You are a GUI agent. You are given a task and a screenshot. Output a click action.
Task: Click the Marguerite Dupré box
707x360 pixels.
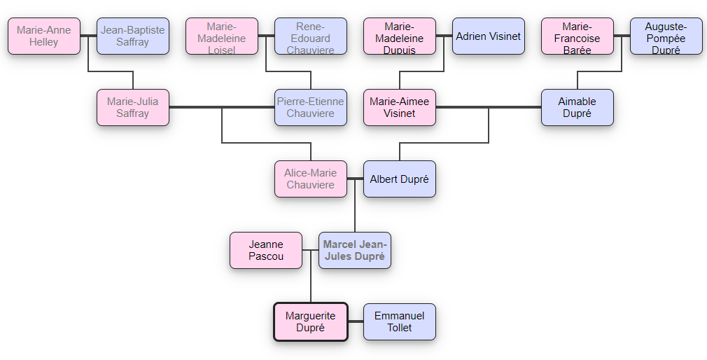click(x=311, y=321)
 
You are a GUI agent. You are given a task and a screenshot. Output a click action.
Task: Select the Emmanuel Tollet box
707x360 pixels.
click(x=400, y=321)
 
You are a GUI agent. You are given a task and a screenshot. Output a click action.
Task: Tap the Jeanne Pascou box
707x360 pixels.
click(x=266, y=250)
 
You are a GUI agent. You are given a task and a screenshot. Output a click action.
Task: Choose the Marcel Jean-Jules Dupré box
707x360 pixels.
click(x=355, y=250)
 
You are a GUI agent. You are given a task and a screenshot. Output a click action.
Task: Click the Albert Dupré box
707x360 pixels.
click(x=400, y=179)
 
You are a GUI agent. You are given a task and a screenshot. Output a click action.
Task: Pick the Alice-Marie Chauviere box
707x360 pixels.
click(x=311, y=179)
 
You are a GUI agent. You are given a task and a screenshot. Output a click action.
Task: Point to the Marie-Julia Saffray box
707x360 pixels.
click(x=133, y=107)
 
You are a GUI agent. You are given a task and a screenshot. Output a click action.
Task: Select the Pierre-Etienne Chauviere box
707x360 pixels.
click(x=311, y=107)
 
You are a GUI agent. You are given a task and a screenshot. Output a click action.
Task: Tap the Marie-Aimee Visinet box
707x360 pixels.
click(x=400, y=107)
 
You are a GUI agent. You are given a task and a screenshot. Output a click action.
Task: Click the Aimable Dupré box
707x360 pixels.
click(x=577, y=107)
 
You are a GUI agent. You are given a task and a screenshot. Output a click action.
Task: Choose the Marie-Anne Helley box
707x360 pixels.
click(x=44, y=36)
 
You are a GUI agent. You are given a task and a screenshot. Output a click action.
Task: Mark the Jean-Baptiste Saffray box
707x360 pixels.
click(x=133, y=36)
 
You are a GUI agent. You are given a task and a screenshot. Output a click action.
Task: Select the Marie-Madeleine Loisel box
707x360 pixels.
click(x=222, y=36)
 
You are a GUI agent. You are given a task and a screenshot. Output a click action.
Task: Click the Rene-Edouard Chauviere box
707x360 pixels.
click(x=311, y=36)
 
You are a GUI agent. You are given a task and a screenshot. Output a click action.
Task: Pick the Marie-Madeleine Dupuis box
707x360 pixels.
click(x=400, y=36)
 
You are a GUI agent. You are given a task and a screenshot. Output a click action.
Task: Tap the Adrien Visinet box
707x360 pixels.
click(x=489, y=36)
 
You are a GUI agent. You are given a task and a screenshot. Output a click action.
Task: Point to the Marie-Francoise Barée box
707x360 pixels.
click(x=577, y=36)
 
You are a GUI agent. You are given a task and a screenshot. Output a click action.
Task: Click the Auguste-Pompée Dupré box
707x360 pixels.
click(x=666, y=36)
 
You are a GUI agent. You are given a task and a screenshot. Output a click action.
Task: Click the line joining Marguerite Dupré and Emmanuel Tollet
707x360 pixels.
click(x=356, y=321)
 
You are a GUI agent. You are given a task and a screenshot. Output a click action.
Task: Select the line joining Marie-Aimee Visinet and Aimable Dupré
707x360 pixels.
click(x=489, y=107)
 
